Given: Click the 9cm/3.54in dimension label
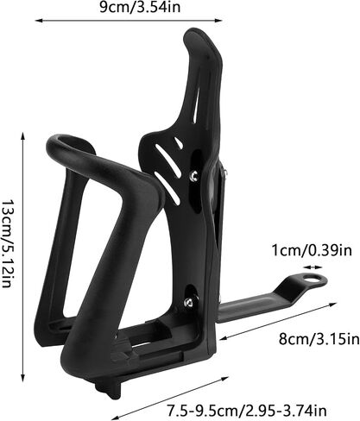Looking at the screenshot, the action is (140, 7).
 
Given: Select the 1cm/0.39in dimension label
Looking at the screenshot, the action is (312, 250).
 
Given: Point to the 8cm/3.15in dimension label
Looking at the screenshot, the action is (319, 339).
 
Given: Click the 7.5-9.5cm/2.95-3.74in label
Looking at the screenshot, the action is (247, 411).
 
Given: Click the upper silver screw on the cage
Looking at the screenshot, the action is (194, 176).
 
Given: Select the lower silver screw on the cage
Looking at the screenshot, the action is (189, 302).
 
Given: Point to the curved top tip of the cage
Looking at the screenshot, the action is (193, 33).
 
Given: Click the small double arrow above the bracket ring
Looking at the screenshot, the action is (313, 267).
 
